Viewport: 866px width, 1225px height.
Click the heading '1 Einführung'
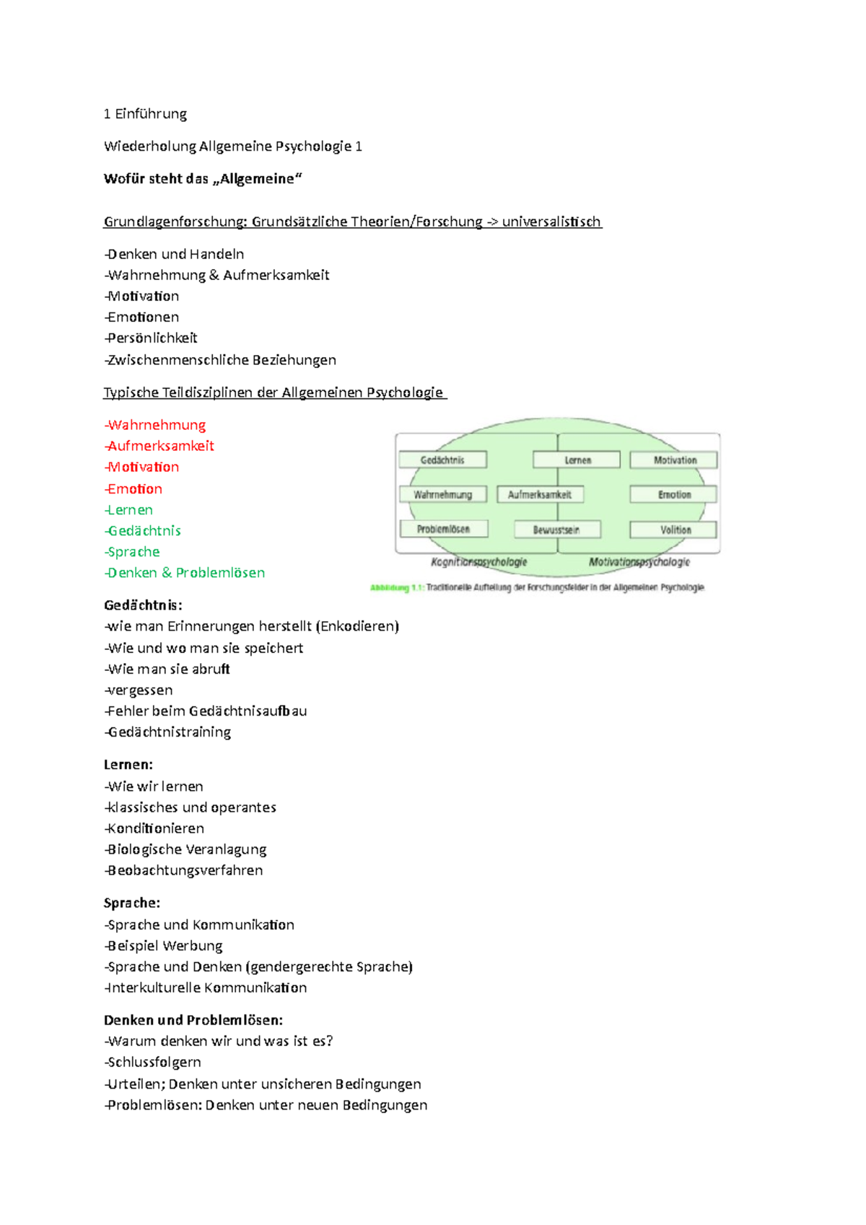(145, 114)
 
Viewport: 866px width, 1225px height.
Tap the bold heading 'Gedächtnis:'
(143, 605)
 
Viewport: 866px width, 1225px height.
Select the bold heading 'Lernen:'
(128, 765)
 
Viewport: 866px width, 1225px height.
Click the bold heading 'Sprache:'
(132, 903)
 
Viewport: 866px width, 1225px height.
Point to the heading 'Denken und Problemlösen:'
(193, 1020)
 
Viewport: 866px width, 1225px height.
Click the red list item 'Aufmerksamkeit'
(160, 447)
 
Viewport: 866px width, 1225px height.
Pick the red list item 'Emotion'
(134, 489)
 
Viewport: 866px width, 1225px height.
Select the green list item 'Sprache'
(133, 552)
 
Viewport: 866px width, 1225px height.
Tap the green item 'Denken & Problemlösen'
(185, 573)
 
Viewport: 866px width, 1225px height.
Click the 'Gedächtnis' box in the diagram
(442, 460)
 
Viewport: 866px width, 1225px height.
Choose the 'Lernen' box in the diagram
(577, 460)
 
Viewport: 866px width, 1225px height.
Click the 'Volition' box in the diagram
(674, 530)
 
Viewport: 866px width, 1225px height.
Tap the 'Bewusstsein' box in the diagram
(556, 530)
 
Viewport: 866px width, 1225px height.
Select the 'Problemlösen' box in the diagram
(443, 530)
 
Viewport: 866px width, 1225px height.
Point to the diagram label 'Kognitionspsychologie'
(478, 562)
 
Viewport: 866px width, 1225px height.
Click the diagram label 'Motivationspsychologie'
(639, 562)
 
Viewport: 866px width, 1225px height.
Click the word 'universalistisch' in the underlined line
(551, 222)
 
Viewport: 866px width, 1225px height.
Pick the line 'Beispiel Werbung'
(165, 946)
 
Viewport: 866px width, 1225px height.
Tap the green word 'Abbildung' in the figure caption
(389, 588)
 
